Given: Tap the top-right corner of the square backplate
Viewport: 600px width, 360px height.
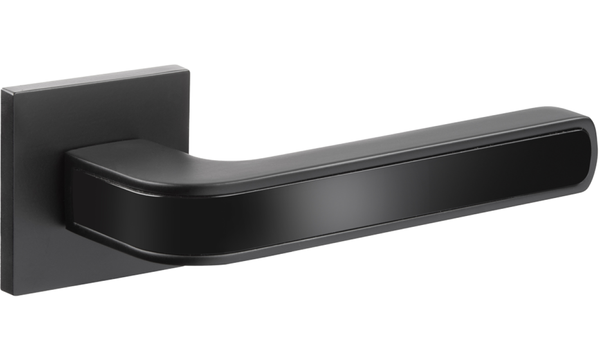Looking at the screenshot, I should [x=191, y=69].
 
